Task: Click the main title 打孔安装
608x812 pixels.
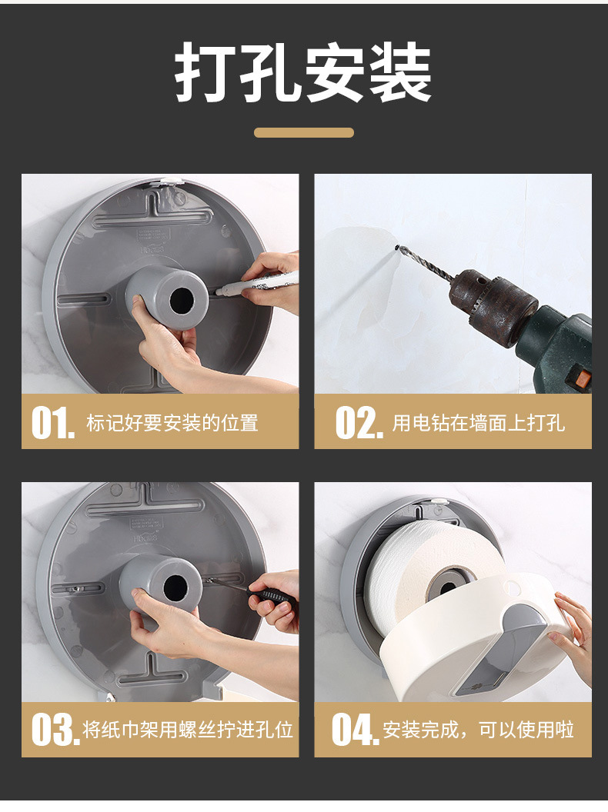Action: [303, 72]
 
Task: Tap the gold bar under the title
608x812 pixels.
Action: [304, 132]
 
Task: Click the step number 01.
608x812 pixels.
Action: [52, 423]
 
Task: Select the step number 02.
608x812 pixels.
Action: [359, 423]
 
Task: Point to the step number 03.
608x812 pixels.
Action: [55, 730]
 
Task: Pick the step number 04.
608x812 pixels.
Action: [355, 730]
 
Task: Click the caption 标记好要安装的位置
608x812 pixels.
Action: [172, 423]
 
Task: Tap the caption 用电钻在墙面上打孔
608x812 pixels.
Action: [478, 423]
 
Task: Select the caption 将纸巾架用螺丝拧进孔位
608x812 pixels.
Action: [188, 730]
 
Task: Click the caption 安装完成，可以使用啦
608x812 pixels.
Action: [478, 730]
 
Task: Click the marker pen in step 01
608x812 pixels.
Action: [254, 285]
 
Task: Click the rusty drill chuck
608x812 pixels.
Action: [493, 306]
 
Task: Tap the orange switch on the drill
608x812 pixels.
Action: [583, 378]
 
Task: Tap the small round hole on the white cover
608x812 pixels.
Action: [512, 587]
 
